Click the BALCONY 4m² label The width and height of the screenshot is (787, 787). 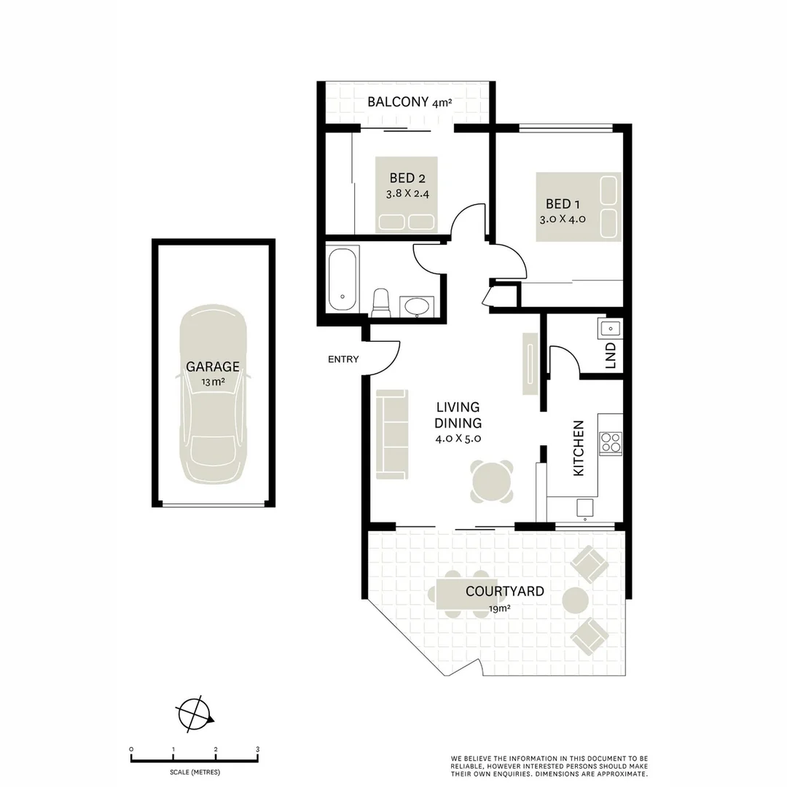pos(410,103)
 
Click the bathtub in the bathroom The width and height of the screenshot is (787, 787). pos(342,279)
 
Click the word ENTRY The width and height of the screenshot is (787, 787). pos(343,359)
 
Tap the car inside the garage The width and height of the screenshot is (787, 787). pos(213,394)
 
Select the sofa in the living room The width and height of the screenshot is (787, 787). pos(392,434)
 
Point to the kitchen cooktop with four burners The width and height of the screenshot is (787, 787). pos(611,442)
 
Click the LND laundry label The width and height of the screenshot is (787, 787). pos(611,355)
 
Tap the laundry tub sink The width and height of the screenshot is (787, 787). pos(609,328)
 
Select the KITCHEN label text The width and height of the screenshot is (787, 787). pos(579,448)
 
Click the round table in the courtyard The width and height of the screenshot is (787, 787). pos(576,600)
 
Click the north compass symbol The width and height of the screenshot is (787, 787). pos(193,713)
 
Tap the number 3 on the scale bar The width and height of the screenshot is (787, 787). pos(257,748)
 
